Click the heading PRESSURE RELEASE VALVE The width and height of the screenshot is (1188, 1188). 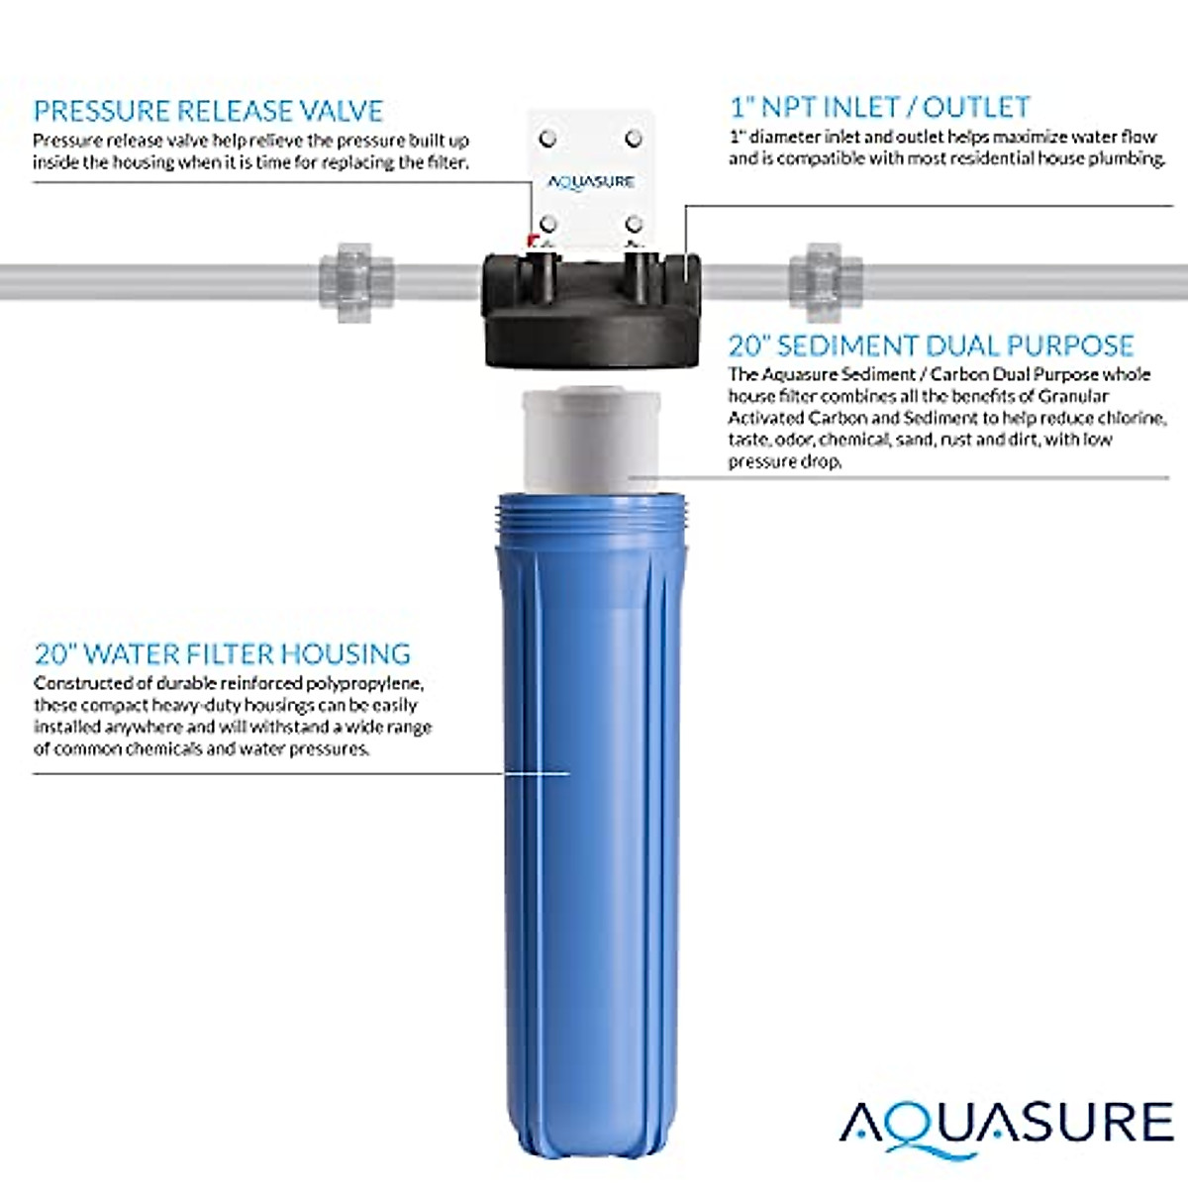(x=208, y=110)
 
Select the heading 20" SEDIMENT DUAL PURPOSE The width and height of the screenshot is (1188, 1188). (x=931, y=346)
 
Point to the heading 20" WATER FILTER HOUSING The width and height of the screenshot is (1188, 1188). (x=222, y=653)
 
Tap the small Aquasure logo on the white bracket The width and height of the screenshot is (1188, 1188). (x=591, y=182)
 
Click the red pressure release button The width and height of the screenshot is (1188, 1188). (x=532, y=239)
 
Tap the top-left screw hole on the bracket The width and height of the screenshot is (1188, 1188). (x=547, y=138)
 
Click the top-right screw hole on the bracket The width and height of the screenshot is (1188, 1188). (x=635, y=138)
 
